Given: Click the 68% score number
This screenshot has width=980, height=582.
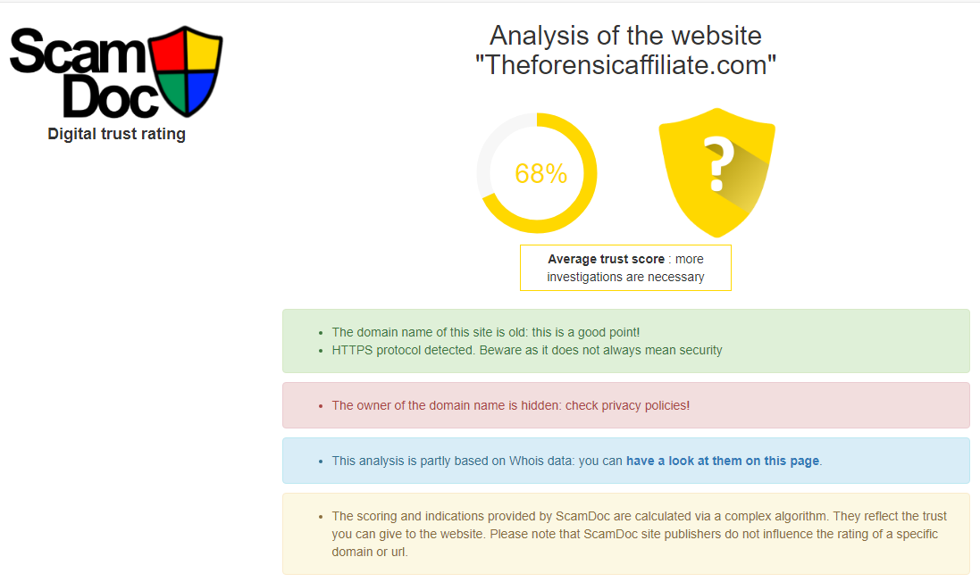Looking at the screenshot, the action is tap(540, 173).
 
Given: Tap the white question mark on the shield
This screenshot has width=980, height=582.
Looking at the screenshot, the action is tap(719, 163).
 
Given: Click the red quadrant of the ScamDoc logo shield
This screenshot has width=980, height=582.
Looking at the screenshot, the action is tap(169, 50).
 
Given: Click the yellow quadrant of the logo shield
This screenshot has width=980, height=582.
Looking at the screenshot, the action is tap(203, 50).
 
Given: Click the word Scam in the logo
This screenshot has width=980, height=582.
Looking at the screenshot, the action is tap(78, 51).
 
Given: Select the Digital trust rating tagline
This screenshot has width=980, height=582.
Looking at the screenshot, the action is tap(117, 134).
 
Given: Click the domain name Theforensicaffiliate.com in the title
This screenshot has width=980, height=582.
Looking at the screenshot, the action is tap(625, 65).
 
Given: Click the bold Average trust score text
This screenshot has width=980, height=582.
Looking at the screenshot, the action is tap(607, 259).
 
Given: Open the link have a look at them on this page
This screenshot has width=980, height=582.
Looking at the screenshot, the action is tap(723, 461).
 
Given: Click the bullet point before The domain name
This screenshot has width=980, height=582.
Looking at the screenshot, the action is tap(321, 334).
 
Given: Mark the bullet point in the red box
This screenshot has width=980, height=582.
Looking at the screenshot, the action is tap(321, 406).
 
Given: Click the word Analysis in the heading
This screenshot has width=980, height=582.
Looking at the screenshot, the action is tap(539, 37).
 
